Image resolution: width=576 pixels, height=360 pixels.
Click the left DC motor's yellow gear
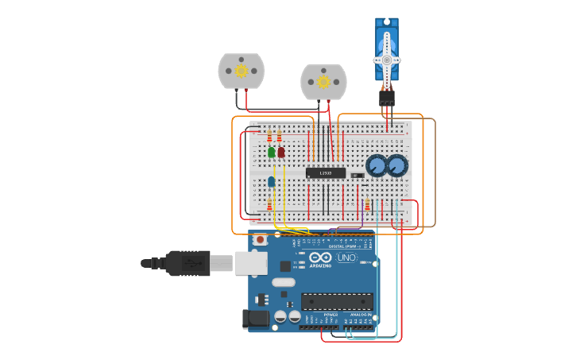coord(241,71)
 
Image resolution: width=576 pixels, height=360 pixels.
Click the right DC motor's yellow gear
coord(323,81)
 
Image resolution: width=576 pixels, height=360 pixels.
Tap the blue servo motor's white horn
coord(387,60)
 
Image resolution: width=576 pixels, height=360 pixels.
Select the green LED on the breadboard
coord(272,152)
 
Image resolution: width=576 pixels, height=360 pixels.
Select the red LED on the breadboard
coord(281,152)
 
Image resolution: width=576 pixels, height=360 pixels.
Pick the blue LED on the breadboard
coord(272,182)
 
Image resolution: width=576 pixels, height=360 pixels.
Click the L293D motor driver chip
coord(326,172)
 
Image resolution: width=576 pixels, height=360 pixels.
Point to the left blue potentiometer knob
coord(376,166)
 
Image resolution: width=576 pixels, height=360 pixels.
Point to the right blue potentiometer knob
coord(397,165)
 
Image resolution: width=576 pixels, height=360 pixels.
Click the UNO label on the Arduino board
coord(347,258)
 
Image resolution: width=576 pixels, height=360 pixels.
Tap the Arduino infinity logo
coord(321,258)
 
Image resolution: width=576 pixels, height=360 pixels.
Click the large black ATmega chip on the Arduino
coord(337,301)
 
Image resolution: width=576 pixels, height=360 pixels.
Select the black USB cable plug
coord(187,263)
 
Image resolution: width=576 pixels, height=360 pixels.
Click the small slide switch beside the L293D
coord(357,175)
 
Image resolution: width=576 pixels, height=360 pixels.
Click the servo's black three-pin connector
coord(387,97)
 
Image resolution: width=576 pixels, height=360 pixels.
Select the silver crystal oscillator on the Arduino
coord(284,282)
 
